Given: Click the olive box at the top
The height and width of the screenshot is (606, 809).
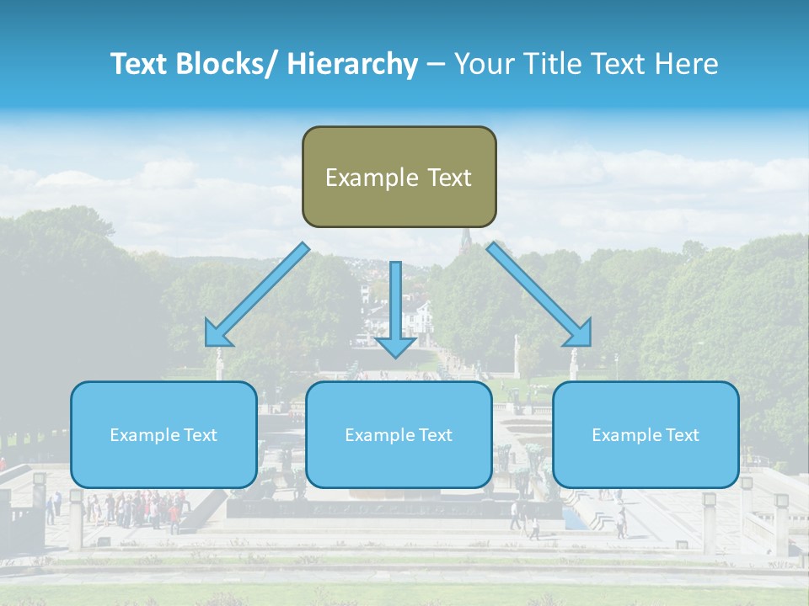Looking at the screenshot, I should (399, 177).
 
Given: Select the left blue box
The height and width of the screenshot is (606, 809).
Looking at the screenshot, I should (163, 434).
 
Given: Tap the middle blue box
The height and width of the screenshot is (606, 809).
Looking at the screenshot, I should (399, 434).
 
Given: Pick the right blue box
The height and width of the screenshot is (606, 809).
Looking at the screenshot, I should (646, 434).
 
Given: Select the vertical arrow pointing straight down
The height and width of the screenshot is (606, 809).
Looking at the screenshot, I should (395, 307).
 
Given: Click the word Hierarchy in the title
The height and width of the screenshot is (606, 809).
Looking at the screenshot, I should (352, 64).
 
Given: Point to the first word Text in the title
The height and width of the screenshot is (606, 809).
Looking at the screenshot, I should (139, 64).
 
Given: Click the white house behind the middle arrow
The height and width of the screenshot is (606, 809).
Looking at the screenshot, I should (416, 318).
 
